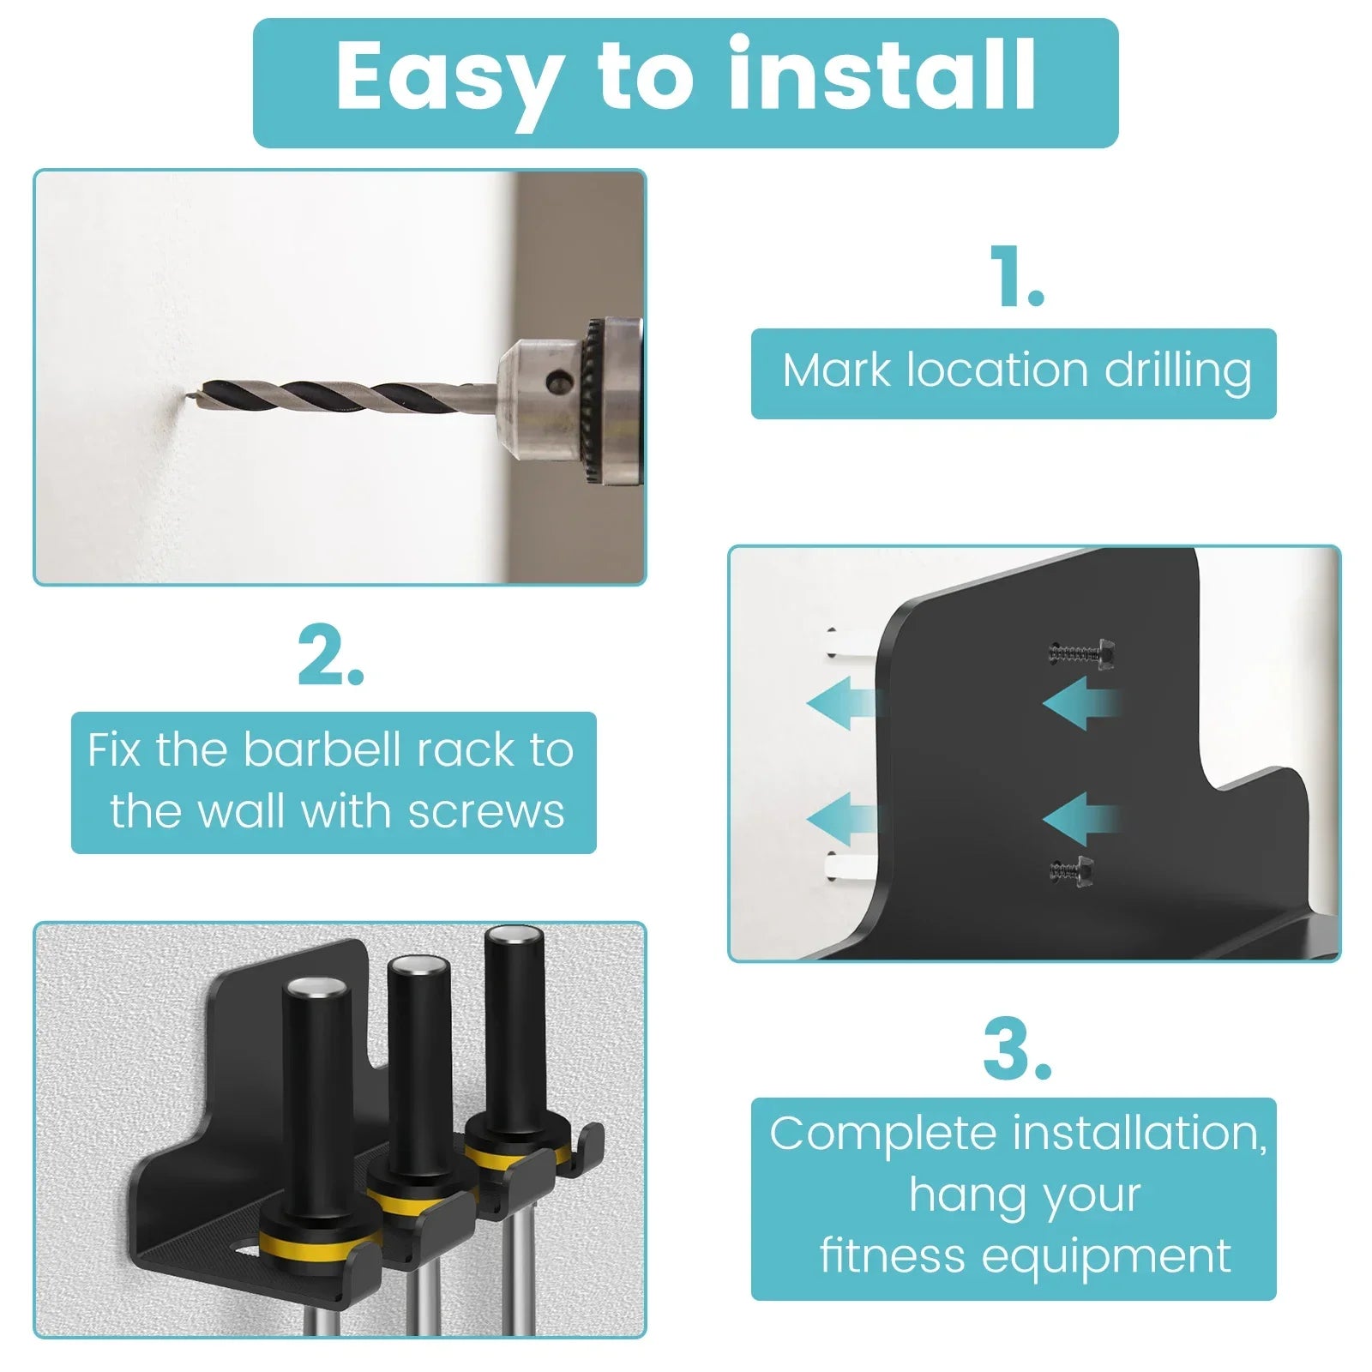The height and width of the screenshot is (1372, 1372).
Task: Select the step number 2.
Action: pyautogui.click(x=330, y=658)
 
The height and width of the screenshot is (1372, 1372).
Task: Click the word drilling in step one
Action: pyautogui.click(x=1177, y=372)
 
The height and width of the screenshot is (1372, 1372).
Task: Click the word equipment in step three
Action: pyautogui.click(x=1106, y=1257)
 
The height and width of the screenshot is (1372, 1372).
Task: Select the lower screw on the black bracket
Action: pyautogui.click(x=1072, y=871)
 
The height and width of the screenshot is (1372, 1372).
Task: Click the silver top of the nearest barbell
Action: pyautogui.click(x=316, y=987)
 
